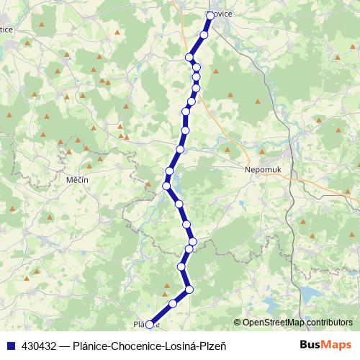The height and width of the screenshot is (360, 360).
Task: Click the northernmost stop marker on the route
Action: (210, 15)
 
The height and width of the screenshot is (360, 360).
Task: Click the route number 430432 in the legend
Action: (40, 345)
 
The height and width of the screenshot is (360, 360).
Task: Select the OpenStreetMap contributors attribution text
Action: (297, 323)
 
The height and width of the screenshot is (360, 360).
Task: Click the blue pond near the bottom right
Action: (312, 294)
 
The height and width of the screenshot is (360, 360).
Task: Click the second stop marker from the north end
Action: (204, 35)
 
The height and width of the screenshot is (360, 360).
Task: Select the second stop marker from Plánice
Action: (173, 305)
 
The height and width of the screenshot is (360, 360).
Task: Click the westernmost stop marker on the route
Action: (166, 186)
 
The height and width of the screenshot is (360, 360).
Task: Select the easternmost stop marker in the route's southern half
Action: (192, 240)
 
